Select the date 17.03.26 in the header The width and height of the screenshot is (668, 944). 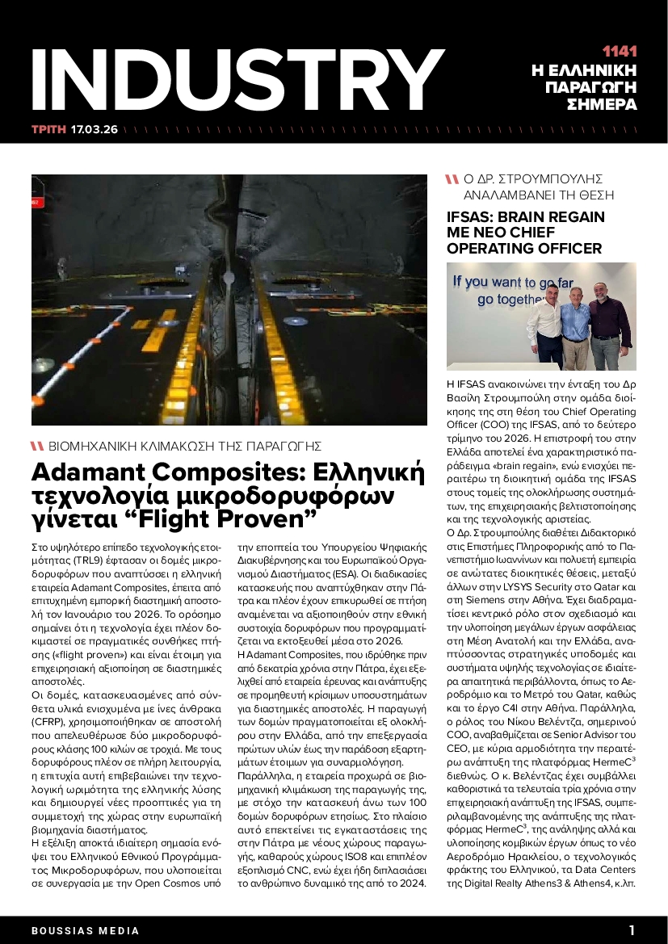click(x=94, y=129)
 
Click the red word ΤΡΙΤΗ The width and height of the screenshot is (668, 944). click(x=48, y=129)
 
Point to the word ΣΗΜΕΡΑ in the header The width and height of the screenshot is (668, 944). click(x=602, y=105)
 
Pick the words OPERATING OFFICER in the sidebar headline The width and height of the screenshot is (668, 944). click(x=524, y=249)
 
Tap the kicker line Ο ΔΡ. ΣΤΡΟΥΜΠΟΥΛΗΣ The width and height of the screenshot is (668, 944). click(x=534, y=179)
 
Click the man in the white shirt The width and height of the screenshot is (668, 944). click(x=549, y=323)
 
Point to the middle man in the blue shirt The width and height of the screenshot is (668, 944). click(x=576, y=327)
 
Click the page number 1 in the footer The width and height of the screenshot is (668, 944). click(x=632, y=930)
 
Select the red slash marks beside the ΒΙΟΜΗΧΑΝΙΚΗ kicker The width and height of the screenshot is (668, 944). click(x=36, y=446)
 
